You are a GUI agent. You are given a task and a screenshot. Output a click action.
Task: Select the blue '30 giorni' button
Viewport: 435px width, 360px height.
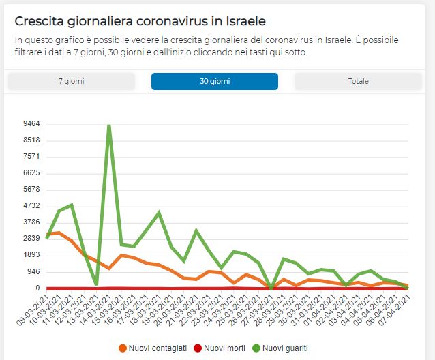pyautogui.click(x=215, y=81)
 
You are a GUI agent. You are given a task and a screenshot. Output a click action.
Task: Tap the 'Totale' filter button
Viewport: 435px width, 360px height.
pyautogui.click(x=358, y=81)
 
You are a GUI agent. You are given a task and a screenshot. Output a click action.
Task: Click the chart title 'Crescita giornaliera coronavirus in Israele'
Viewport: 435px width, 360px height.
pyautogui.click(x=140, y=20)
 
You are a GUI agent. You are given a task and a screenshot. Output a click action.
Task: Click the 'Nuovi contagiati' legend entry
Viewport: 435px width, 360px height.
pyautogui.click(x=154, y=348)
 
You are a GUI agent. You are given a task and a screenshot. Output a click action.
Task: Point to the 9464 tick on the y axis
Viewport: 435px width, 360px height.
pyautogui.click(x=31, y=124)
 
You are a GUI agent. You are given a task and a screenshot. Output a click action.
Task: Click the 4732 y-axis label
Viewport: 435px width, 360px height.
pyautogui.click(x=31, y=206)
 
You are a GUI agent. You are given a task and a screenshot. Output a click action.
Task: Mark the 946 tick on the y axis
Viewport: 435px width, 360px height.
pyautogui.click(x=33, y=271)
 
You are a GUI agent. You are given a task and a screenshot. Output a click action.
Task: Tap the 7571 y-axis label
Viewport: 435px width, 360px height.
pyautogui.click(x=31, y=157)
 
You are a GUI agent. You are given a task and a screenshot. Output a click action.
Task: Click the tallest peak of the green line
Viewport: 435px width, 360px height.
pyautogui.click(x=109, y=125)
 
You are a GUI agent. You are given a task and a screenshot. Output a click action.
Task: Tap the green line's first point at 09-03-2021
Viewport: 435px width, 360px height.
pyautogui.click(x=47, y=237)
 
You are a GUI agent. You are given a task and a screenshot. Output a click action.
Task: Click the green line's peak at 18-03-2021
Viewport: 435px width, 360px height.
pyautogui.click(x=159, y=213)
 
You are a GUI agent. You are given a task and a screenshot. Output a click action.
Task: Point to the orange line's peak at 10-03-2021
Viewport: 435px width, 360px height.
pyautogui.click(x=59, y=233)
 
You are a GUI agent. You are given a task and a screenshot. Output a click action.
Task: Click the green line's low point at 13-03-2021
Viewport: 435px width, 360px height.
pyautogui.click(x=97, y=284)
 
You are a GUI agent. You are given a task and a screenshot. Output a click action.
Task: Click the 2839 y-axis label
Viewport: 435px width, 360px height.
pyautogui.click(x=31, y=239)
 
